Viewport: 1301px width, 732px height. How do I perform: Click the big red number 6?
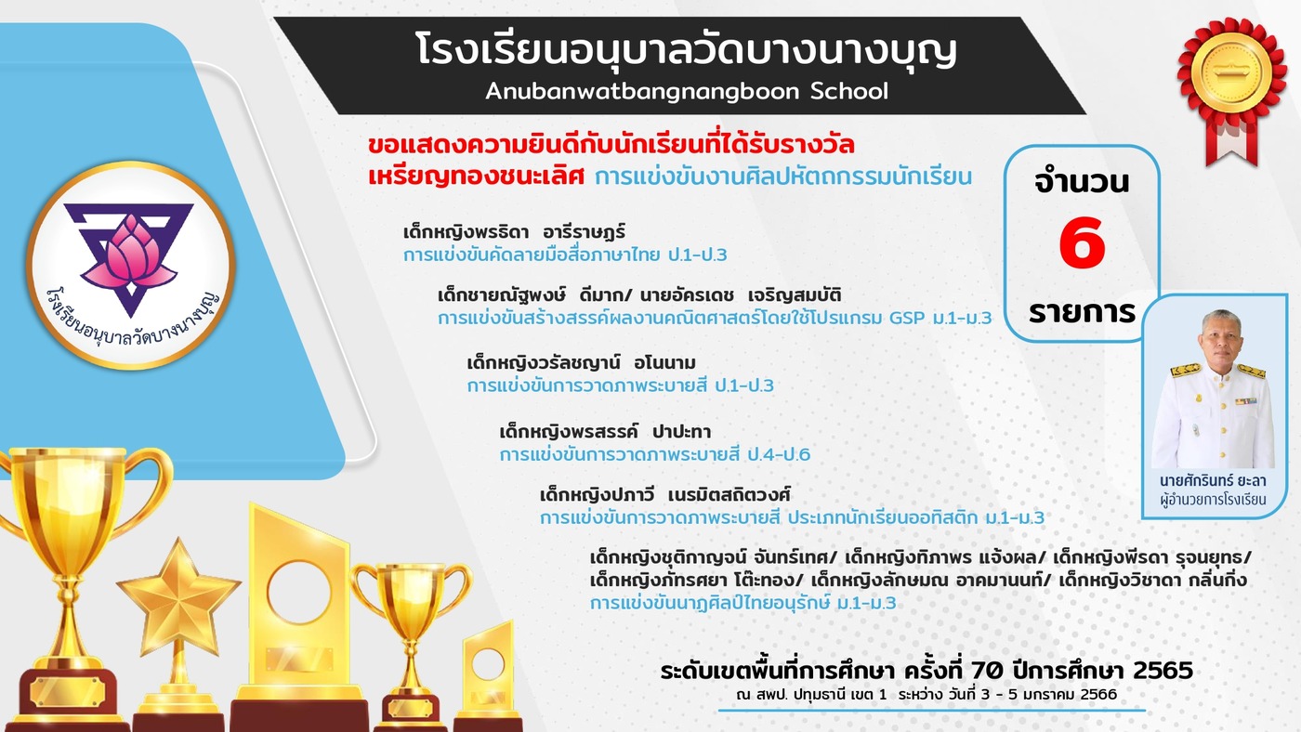click(x=1082, y=242)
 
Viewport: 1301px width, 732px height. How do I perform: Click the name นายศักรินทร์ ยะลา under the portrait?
click(x=1213, y=480)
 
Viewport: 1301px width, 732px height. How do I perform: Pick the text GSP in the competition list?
click(x=907, y=318)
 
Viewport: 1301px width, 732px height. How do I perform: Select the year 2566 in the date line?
click(x=1098, y=694)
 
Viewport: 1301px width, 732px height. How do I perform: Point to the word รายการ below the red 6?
click(x=1082, y=312)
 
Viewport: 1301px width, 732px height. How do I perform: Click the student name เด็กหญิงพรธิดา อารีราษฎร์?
click(x=514, y=232)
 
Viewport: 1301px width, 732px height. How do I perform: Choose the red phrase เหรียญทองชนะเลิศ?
click(x=476, y=176)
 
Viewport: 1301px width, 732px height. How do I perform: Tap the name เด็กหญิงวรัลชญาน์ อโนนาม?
click(x=582, y=363)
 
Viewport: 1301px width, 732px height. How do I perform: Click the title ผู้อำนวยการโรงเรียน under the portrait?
click(x=1213, y=499)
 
